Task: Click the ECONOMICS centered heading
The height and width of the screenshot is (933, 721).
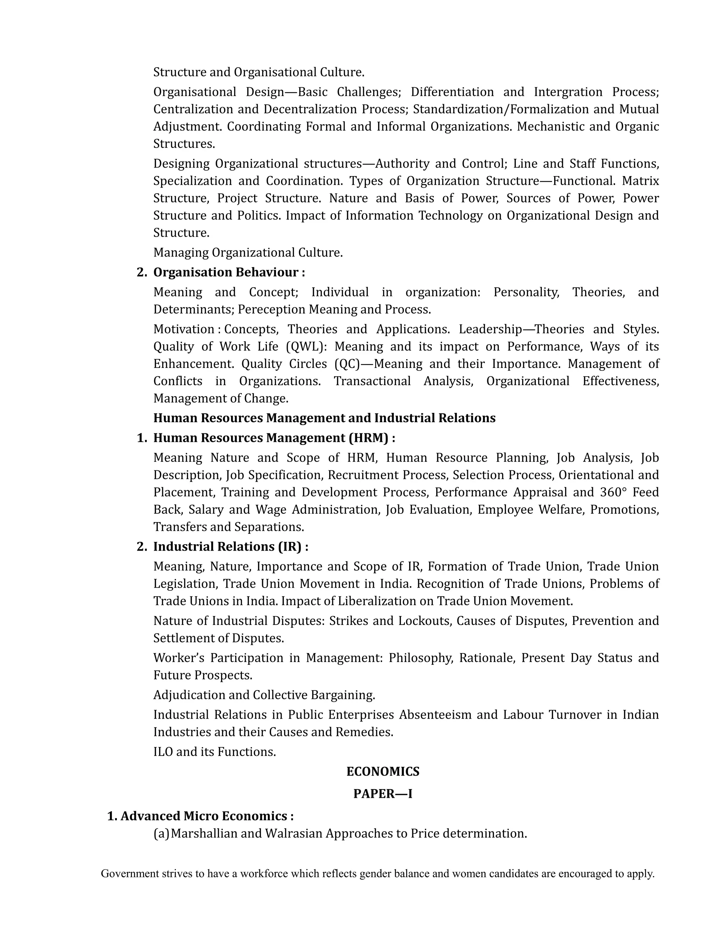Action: coord(382,771)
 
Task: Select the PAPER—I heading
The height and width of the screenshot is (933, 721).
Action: coord(382,793)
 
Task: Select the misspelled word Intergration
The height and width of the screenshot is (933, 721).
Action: coord(568,92)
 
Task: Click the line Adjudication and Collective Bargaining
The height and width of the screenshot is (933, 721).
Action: coord(264,695)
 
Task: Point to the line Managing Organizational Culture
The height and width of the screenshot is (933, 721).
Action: coord(248,252)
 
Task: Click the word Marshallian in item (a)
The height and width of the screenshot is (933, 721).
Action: coord(204,833)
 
